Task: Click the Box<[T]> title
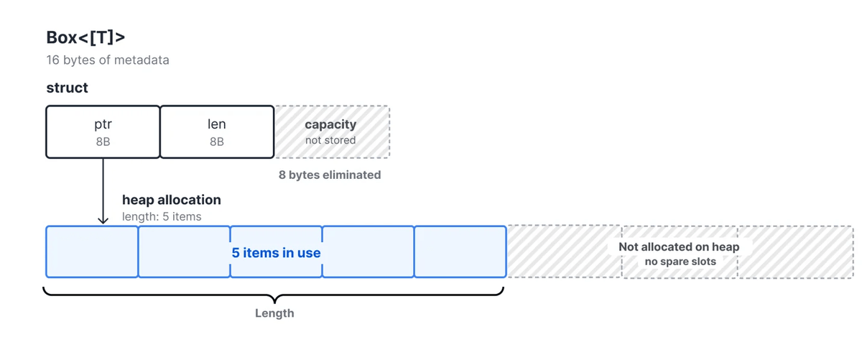(85, 38)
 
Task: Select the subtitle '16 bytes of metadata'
(108, 60)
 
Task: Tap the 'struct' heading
(67, 88)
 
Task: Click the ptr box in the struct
(103, 131)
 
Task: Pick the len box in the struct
(217, 131)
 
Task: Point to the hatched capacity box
(332, 131)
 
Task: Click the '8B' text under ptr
(103, 142)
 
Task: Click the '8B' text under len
(217, 142)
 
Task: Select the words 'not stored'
(330, 140)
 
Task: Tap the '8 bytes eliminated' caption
(330, 175)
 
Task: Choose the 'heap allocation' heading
(172, 200)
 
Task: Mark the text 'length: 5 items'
(162, 216)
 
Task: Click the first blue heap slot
(92, 251)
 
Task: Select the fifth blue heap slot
(460, 251)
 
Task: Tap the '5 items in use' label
(276, 253)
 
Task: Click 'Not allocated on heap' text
(679, 246)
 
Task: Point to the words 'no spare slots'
(680, 262)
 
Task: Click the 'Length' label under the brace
(274, 313)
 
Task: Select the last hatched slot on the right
(795, 251)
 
